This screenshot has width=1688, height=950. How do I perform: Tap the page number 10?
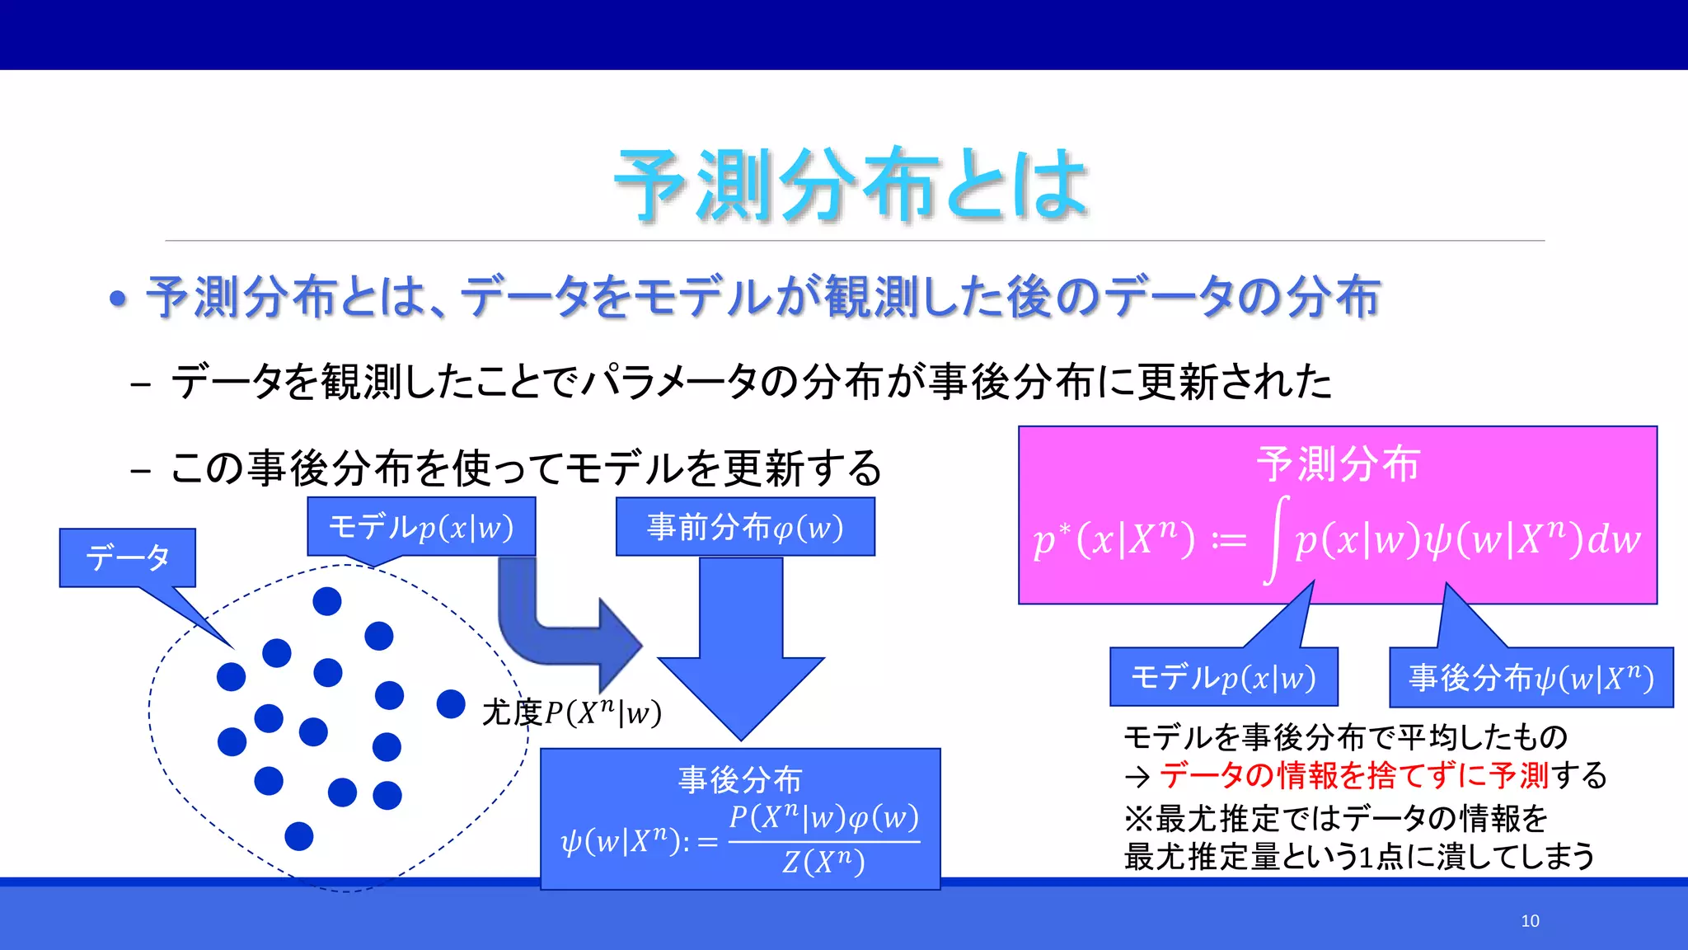(1530, 921)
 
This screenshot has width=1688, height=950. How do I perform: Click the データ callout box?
(127, 557)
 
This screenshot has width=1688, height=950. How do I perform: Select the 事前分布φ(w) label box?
(745, 527)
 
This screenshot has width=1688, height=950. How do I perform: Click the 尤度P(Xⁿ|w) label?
(572, 712)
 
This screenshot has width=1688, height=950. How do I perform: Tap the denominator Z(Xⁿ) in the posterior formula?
(823, 863)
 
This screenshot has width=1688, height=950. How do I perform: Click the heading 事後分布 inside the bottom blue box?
(739, 779)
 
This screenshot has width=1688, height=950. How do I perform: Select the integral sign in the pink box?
(1277, 539)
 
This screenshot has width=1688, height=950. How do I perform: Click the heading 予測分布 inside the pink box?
(1338, 463)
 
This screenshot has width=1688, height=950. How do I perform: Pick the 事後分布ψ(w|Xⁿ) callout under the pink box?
(1531, 678)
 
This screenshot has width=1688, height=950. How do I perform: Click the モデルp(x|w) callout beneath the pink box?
(1223, 678)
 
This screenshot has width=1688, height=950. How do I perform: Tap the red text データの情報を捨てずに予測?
(1354, 775)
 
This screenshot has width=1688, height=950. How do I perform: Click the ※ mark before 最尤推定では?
(1138, 819)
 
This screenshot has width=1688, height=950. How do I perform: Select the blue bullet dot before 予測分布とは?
(119, 299)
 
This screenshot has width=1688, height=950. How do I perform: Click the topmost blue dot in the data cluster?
(327, 601)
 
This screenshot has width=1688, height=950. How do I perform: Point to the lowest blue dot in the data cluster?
(298, 836)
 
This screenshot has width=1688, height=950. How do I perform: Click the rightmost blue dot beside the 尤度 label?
(451, 703)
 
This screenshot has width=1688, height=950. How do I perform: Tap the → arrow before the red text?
(1137, 776)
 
